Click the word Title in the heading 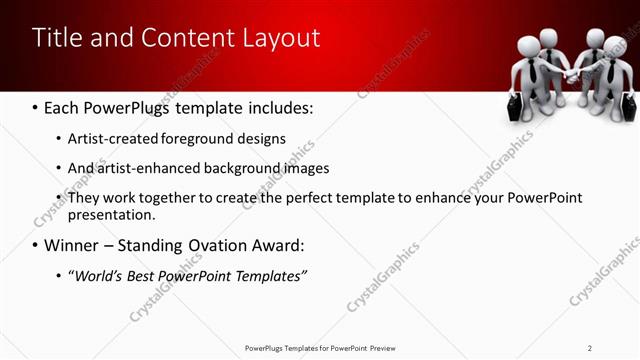point(57,38)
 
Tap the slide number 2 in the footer point(590,347)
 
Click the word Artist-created point(112,138)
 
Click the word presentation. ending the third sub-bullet point(111,215)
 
